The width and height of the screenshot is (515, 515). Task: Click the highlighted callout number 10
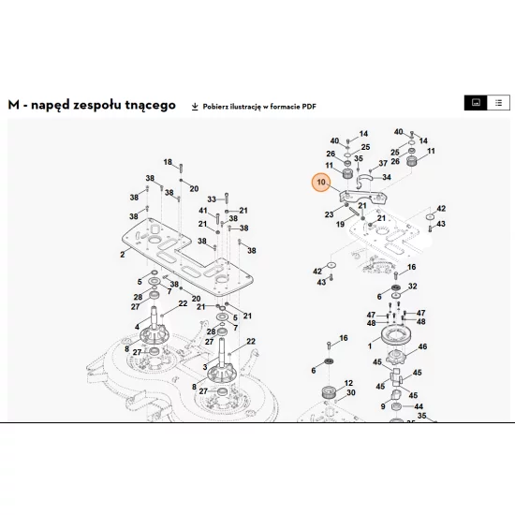[x=321, y=183]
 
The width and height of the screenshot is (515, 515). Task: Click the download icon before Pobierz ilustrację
[x=195, y=107]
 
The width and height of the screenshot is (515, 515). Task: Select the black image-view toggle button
[x=476, y=103]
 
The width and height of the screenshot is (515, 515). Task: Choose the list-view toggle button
[x=498, y=103]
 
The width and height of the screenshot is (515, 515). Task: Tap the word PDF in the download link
[x=309, y=107]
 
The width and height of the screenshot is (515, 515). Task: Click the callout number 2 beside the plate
[x=123, y=255]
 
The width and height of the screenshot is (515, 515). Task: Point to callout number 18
[x=168, y=162]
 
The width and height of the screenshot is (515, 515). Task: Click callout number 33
[x=212, y=199]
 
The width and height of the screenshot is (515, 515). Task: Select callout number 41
[x=203, y=211]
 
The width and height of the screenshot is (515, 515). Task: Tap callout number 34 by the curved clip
[x=387, y=177]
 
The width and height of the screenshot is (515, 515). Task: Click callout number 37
[x=383, y=163]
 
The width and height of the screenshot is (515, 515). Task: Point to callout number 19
[x=340, y=224]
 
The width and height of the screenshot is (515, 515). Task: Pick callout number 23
[x=329, y=214]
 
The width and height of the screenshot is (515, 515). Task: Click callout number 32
[x=413, y=287]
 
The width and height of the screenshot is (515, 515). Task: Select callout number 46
[x=422, y=346]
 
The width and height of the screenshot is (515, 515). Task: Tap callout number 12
[x=348, y=383]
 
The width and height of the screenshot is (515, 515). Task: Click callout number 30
[x=351, y=392]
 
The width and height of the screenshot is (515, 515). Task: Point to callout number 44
[x=419, y=406]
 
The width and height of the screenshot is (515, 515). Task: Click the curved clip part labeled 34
[x=364, y=178]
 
